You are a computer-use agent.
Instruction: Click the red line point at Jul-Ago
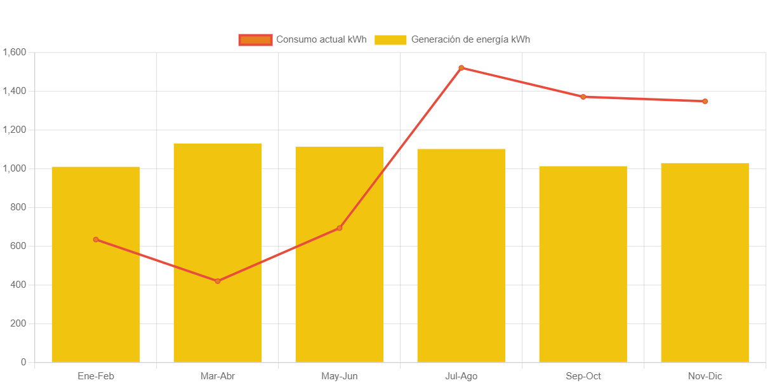coord(461,68)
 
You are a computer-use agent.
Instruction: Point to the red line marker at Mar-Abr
coord(218,281)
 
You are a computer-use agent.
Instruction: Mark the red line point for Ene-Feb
coord(96,240)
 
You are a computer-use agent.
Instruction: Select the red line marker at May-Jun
coord(340,228)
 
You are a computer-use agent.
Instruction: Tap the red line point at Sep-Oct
coord(583,97)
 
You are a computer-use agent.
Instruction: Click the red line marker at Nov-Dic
coord(705,101)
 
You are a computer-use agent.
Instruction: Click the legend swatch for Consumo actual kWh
coord(255,40)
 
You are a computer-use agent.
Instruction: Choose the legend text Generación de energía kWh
coord(470,39)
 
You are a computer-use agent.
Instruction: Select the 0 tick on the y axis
coord(23,362)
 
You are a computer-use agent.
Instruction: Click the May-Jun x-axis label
coord(340,376)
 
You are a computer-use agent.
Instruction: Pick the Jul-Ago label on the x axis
coord(461,376)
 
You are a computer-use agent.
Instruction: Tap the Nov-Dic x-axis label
coord(705,376)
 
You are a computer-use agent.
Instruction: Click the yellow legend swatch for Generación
coord(390,40)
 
